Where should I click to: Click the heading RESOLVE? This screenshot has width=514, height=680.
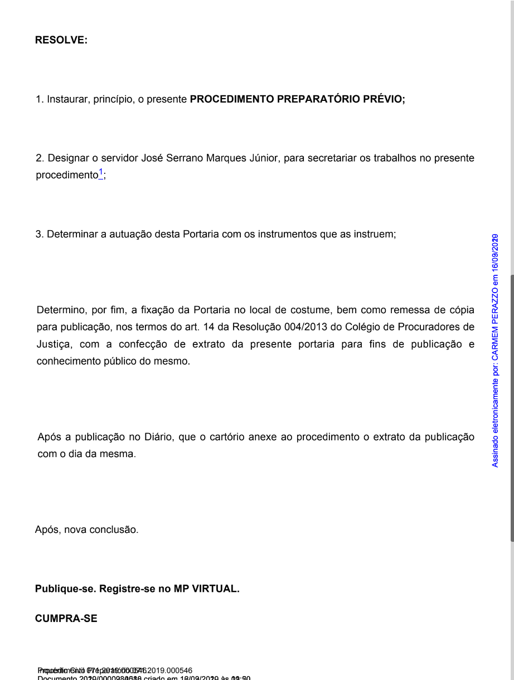pyautogui.click(x=61, y=40)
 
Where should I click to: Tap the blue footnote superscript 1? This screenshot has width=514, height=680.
pyautogui.click(x=101, y=172)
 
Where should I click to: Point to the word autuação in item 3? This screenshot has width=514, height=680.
pyautogui.click(x=125, y=234)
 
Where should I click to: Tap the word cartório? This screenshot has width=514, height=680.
pyautogui.click(x=227, y=437)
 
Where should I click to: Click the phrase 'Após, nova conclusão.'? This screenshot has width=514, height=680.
pyautogui.click(x=86, y=530)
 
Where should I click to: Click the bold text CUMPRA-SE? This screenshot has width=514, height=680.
pyautogui.click(x=66, y=618)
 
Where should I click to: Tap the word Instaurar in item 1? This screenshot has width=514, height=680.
pyautogui.click(x=67, y=99)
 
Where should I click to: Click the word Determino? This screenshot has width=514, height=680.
pyautogui.click(x=61, y=310)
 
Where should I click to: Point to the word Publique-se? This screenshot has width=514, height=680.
pyautogui.click(x=66, y=589)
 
